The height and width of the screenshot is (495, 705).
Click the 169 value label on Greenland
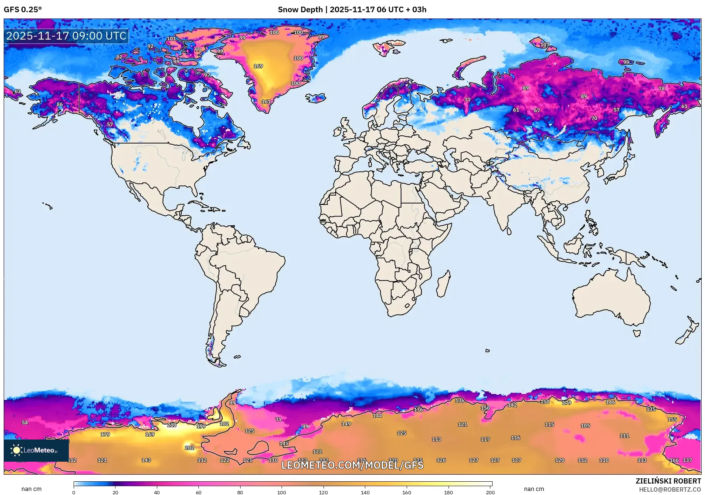pos(258,66)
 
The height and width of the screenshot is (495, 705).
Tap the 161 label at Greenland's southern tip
pos(266,102)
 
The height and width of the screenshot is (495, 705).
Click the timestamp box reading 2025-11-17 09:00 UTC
pos(66,36)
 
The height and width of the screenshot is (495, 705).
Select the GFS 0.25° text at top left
pos(23,9)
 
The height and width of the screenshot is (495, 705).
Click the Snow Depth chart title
pos(352,9)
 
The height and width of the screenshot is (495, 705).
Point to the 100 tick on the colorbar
pos(282,492)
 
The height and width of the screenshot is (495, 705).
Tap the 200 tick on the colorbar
pos(490,492)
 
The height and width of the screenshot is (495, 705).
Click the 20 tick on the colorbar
pos(115,492)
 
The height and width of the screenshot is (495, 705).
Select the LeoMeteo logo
pos(36,450)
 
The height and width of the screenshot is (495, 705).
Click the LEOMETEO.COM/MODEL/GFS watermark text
pos(352,465)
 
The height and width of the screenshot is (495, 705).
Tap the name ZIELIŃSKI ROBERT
pos(668,481)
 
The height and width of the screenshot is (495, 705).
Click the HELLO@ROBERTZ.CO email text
pos(670,489)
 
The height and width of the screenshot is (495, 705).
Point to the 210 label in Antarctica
pos(172,425)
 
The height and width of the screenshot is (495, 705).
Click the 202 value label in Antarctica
pos(189,448)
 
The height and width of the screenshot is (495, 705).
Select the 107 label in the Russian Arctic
pos(545,45)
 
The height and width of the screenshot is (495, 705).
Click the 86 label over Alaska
pos(60,104)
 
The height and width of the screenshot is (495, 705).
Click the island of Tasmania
pos(637,333)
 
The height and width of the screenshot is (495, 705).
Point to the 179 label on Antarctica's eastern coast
pos(567,403)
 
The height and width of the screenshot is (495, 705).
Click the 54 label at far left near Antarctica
pos(25,422)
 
